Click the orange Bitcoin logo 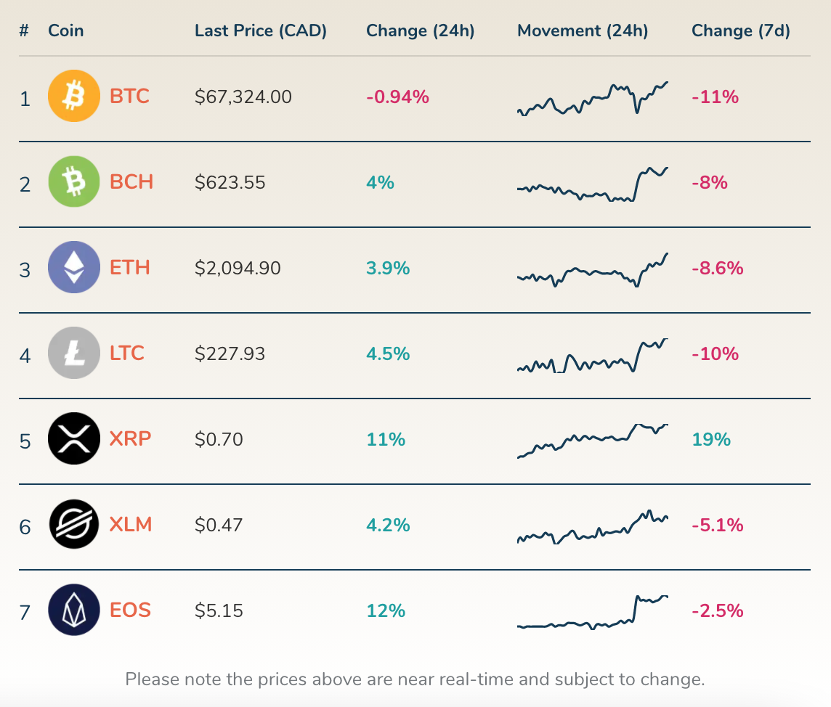73,96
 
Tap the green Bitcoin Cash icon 73,181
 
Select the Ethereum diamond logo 73,267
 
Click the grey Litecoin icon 73,353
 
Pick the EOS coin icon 73,610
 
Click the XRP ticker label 131,439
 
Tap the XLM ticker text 131,525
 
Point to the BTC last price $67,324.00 243,97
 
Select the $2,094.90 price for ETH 238,268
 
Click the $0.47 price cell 219,525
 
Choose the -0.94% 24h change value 397,97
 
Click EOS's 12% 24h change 386,610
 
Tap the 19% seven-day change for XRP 711,439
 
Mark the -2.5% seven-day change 717,610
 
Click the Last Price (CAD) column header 261,30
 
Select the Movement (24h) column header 583,30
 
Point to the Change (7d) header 740,30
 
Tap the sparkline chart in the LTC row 593,356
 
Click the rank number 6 25,526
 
